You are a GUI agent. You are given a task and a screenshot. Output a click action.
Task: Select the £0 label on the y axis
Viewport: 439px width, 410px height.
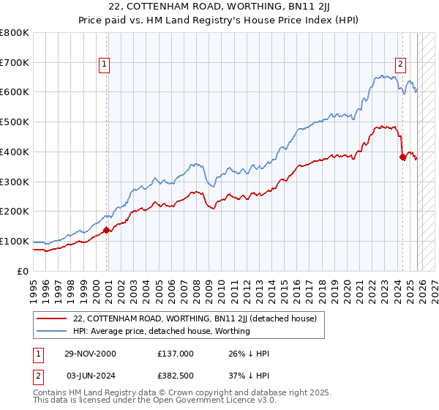23,271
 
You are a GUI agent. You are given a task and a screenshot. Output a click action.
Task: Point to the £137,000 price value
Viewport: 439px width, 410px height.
175,354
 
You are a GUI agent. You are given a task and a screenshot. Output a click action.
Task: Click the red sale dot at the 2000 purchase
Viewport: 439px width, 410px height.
106,230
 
